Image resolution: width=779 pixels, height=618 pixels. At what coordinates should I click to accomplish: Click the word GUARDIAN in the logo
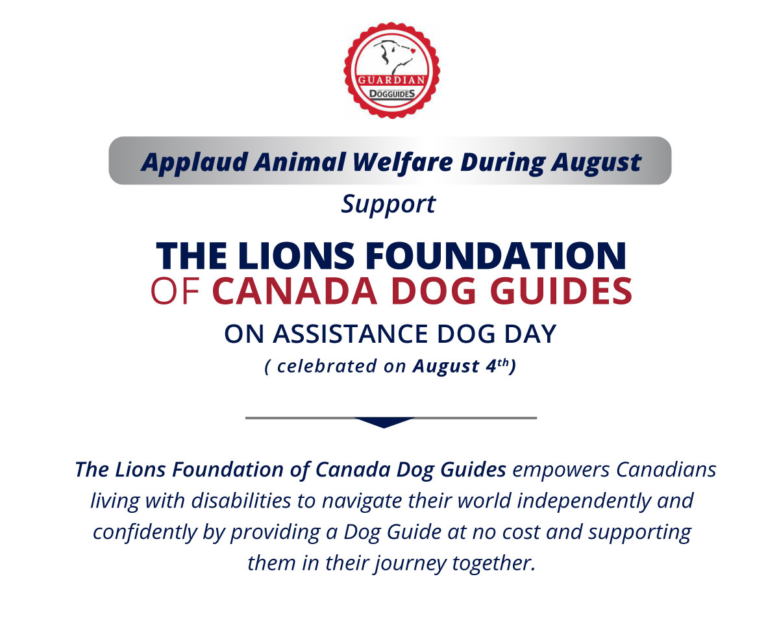[x=391, y=80]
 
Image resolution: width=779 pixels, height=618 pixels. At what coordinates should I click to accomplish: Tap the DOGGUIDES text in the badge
[x=392, y=94]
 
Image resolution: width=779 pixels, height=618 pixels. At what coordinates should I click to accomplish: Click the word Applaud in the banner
[x=194, y=162]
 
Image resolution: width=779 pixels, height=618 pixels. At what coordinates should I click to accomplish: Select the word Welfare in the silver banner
[x=402, y=162]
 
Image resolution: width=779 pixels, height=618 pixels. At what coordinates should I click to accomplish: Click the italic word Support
[x=389, y=204]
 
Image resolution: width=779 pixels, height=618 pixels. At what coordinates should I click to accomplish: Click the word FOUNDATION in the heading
[x=495, y=256]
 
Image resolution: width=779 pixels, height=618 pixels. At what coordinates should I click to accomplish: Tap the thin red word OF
[x=175, y=291]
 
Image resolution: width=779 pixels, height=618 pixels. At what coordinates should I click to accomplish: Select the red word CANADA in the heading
[x=295, y=291]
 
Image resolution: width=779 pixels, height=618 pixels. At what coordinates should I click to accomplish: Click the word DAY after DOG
[x=530, y=334]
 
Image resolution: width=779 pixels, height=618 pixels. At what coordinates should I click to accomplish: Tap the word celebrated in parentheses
[x=327, y=366]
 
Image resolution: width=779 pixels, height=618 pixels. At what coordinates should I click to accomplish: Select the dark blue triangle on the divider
[x=384, y=422]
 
